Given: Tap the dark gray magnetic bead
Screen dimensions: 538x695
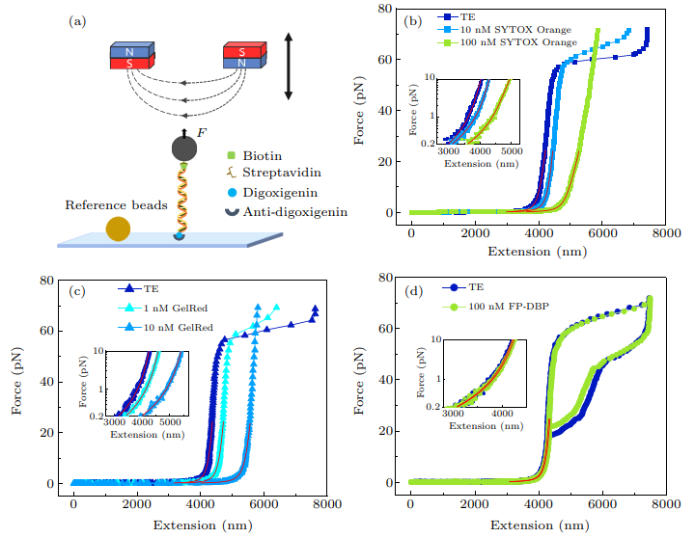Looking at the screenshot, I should point(183,148).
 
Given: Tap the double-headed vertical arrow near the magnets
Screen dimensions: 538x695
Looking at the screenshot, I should point(287,67).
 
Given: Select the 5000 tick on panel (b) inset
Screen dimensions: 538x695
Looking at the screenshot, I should point(511,151).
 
